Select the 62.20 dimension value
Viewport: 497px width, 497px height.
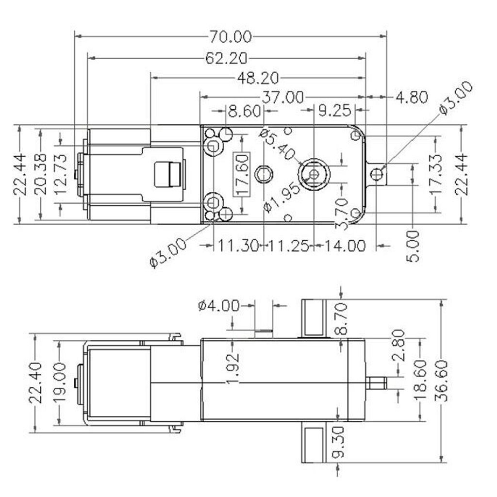pyautogui.click(x=226, y=58)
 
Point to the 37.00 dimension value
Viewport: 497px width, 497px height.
pyautogui.click(x=283, y=98)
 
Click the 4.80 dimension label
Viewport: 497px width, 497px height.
pyautogui.click(x=412, y=98)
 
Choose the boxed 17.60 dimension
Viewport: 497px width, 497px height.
pyautogui.click(x=242, y=173)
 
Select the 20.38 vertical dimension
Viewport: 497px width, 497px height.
pyautogui.click(x=41, y=174)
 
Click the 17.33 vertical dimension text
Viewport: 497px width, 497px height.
pyautogui.click(x=436, y=174)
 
